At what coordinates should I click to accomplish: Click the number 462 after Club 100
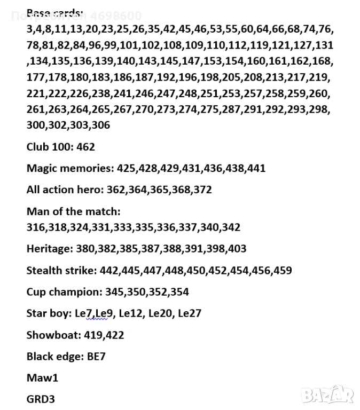85,147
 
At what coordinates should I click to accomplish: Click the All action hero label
65,190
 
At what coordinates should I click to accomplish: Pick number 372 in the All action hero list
202,190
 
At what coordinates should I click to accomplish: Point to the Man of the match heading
73,211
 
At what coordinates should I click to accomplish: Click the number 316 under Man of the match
36,227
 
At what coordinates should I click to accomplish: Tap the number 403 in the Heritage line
237,249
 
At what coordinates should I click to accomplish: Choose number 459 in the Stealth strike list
282,270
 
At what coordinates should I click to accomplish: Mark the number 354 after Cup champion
179,292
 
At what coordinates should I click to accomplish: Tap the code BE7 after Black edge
96,357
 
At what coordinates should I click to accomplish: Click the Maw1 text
42,378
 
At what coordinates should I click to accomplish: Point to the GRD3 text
41,399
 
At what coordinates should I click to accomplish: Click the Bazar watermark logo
327,395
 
